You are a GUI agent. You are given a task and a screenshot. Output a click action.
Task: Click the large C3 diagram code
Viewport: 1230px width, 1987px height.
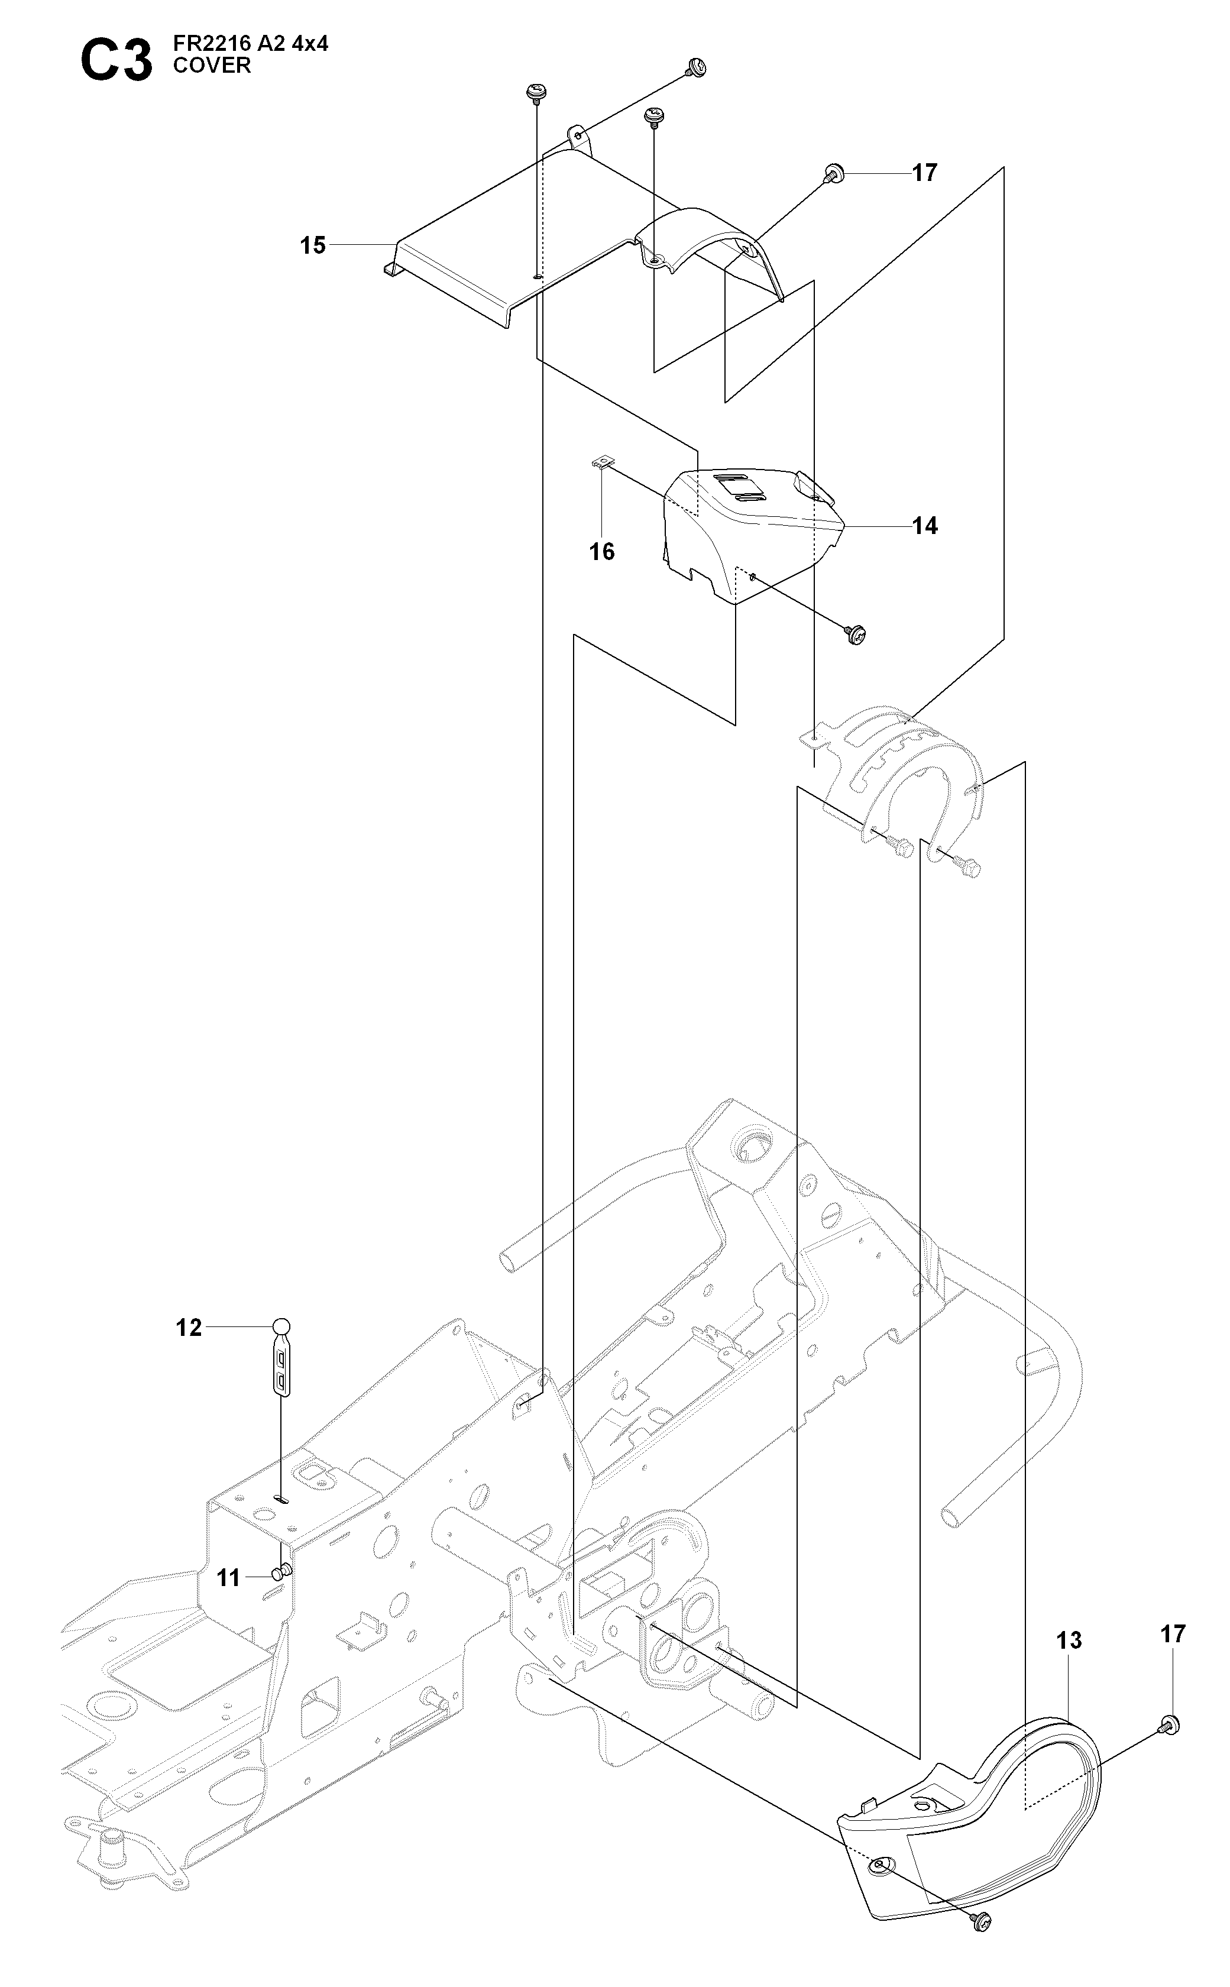(116, 60)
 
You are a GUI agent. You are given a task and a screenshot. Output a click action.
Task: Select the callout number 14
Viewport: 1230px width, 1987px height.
(925, 526)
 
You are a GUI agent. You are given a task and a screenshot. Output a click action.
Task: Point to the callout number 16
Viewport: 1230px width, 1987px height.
(602, 552)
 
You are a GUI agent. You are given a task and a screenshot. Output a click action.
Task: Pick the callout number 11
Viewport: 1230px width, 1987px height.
(229, 1578)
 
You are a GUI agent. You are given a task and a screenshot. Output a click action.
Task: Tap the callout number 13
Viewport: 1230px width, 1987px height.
(1070, 1640)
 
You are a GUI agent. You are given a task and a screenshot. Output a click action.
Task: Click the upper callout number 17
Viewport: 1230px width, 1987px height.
(925, 173)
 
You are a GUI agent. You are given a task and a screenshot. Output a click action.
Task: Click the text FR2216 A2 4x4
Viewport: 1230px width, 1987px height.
(251, 45)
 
